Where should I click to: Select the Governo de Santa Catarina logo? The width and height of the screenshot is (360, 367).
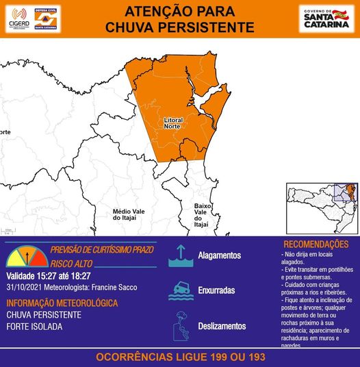[326, 18]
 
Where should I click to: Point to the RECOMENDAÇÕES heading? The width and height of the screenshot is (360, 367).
[316, 244]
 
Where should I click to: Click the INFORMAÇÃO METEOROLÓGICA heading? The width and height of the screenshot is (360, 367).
[62, 303]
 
